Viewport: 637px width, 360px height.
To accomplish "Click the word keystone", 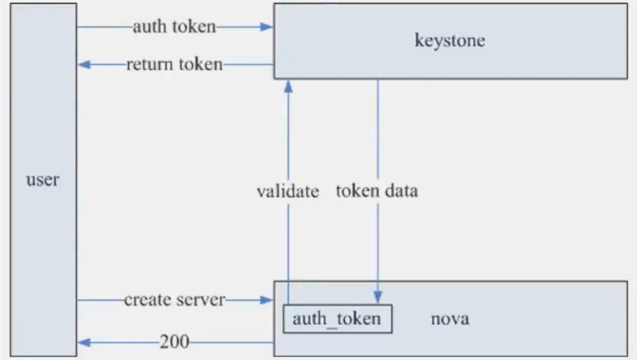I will coord(449,41).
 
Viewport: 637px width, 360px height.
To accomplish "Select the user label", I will coord(43,180).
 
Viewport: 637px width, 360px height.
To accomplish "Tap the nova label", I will coord(450,319).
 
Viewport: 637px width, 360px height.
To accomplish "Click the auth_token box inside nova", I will coord(337,319).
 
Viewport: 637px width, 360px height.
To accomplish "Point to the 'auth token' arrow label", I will coord(174,27).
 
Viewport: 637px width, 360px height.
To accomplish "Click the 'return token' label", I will coord(174,64).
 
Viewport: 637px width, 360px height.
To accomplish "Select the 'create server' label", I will coord(174,300).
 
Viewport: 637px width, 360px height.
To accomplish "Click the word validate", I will coord(288,191).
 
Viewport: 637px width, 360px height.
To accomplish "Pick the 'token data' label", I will coord(377,191).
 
